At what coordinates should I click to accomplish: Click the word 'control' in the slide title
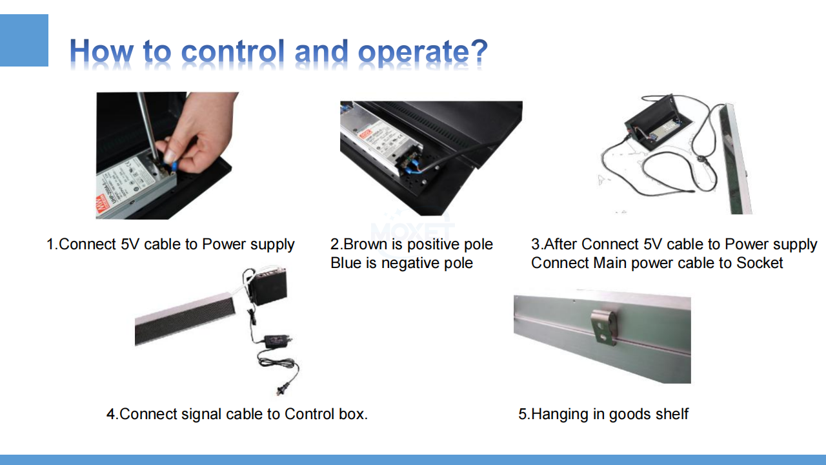pyautogui.click(x=233, y=51)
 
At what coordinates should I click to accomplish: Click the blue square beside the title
pyautogui.click(x=24, y=40)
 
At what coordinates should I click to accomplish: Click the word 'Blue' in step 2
pyautogui.click(x=345, y=263)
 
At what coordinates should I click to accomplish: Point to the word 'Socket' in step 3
pyautogui.click(x=760, y=263)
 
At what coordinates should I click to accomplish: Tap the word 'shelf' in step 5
pyautogui.click(x=672, y=414)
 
